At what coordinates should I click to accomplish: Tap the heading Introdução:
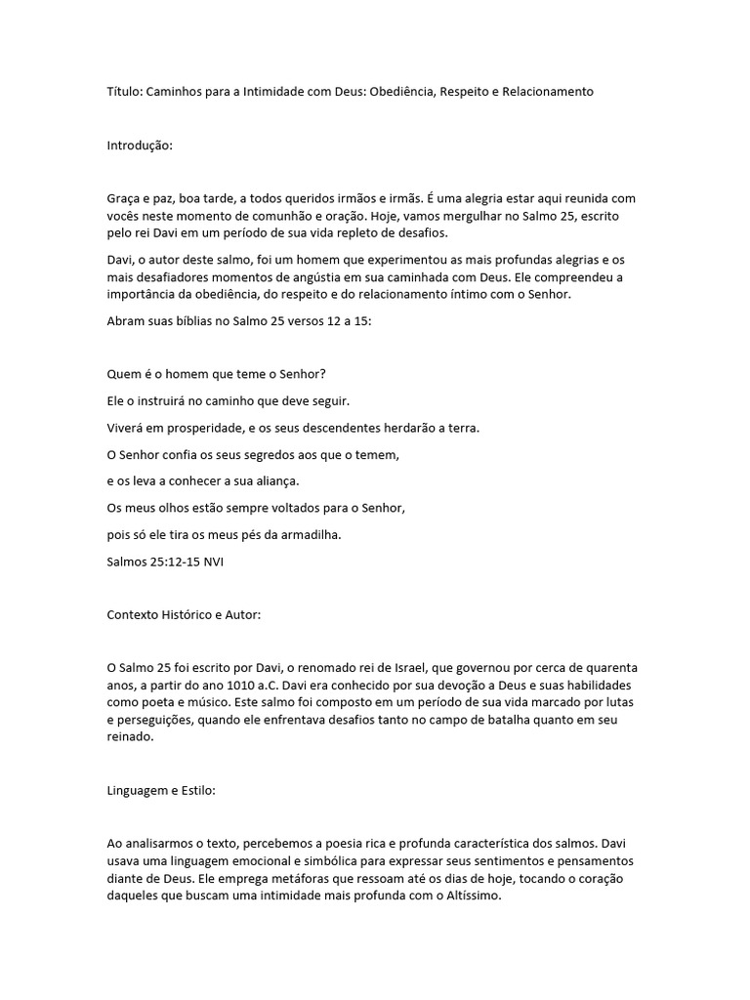pyautogui.click(x=140, y=146)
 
